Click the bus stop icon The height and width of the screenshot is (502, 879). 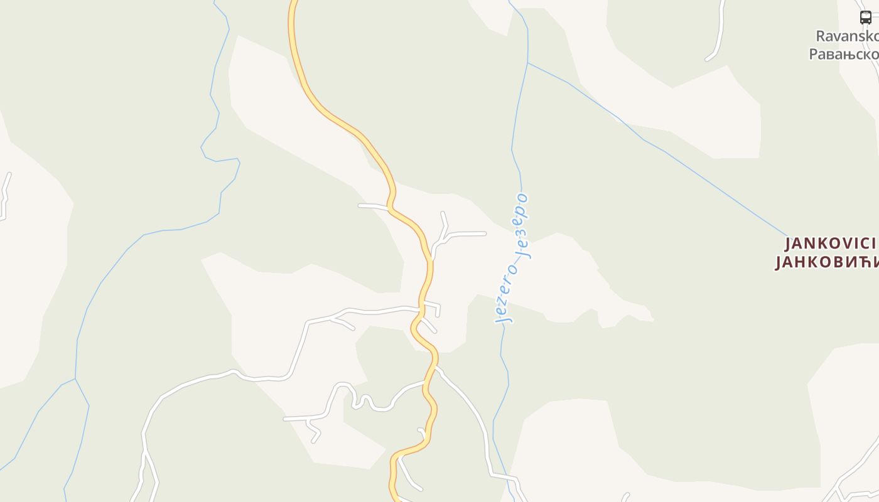(865, 18)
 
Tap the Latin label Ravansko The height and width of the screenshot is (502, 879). (846, 36)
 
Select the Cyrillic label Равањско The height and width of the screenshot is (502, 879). (843, 54)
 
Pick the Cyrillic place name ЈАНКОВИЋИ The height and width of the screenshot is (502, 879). (826, 262)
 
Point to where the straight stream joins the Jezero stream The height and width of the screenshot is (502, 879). (528, 63)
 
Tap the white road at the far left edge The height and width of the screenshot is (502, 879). (5, 195)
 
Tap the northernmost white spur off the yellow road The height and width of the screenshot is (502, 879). (374, 206)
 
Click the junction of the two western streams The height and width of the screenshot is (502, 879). (75, 379)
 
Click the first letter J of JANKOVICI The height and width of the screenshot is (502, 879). (789, 243)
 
